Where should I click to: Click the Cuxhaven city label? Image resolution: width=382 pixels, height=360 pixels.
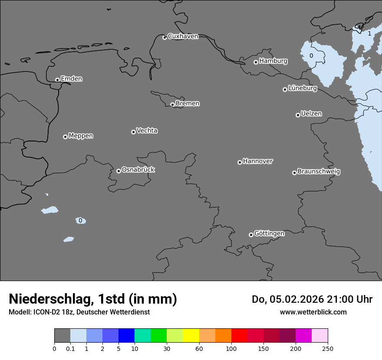point(183,36)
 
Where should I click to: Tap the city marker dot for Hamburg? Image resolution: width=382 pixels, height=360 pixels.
point(256,62)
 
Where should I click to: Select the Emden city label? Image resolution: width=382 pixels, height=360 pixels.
point(71,79)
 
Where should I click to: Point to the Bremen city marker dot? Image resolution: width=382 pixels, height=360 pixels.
point(172,105)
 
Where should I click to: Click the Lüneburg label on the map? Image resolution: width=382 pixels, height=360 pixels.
point(303,88)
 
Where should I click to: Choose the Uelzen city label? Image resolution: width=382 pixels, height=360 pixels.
point(311,114)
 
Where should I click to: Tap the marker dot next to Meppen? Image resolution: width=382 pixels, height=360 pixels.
point(65,137)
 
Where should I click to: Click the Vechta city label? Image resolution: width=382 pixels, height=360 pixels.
point(147,131)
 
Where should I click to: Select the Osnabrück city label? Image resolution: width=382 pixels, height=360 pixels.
point(138,170)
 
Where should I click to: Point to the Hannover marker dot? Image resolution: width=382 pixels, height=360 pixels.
point(240,162)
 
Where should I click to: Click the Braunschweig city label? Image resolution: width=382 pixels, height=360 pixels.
point(319,172)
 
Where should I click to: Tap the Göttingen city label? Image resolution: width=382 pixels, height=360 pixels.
point(269,234)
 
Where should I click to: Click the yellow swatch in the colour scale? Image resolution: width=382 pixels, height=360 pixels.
point(191,336)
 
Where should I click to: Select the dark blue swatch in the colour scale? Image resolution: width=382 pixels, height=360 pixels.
point(126,336)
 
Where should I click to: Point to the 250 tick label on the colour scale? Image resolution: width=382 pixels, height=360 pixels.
point(328,348)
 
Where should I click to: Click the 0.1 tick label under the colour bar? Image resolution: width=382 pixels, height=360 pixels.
point(70,348)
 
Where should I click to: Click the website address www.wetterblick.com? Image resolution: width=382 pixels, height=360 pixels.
point(313,312)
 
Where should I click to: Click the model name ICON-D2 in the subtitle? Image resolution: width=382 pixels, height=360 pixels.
point(45,312)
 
